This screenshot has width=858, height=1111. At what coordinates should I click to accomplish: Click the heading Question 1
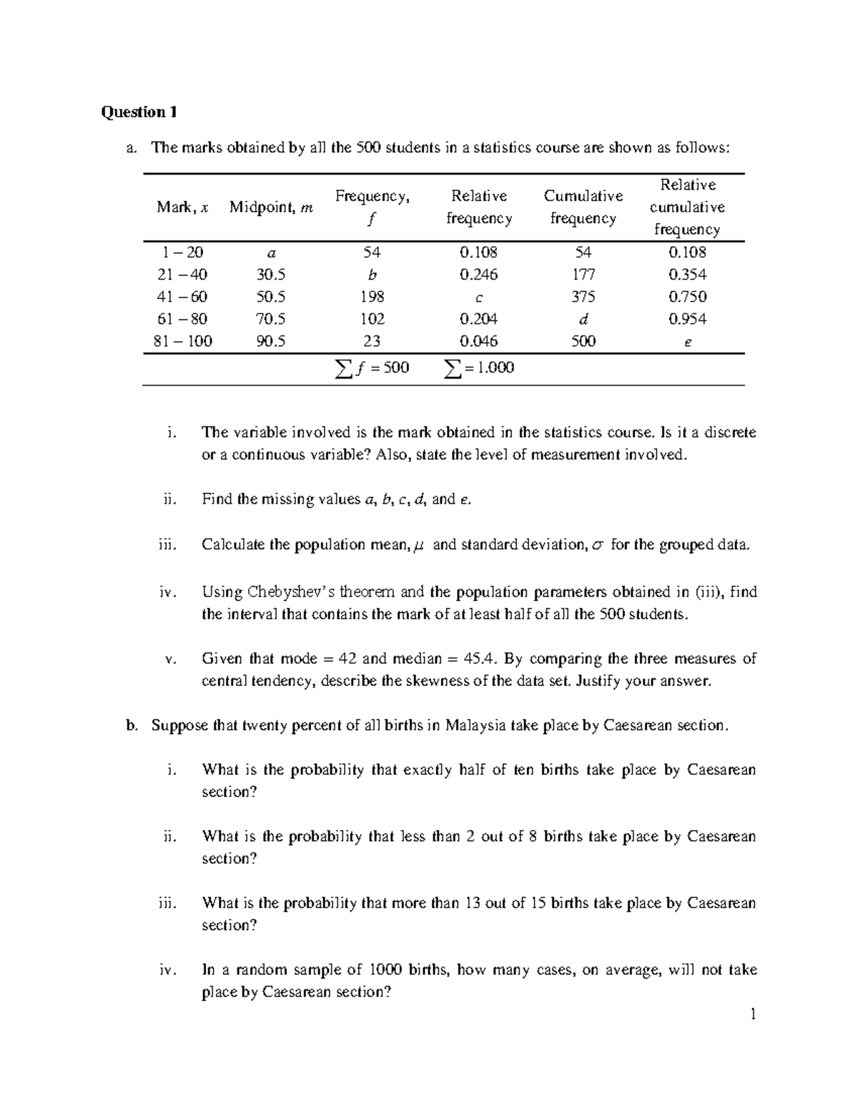pos(139,112)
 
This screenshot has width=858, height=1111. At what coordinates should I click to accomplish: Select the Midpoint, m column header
pos(271,207)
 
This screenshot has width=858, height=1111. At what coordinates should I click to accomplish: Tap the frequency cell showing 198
pos(372,297)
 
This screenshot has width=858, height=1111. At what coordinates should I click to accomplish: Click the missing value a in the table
pos(271,253)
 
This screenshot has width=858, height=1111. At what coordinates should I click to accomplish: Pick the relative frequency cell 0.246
pos(478,275)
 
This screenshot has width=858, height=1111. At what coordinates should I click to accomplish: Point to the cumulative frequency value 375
pos(583,297)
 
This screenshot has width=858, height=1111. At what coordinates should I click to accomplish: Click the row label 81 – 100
pos(183,341)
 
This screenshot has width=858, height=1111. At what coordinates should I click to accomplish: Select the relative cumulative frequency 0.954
pos(687,319)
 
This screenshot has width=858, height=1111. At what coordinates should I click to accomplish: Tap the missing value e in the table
pos(687,342)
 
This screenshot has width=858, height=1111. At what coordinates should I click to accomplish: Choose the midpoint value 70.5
pos(271,319)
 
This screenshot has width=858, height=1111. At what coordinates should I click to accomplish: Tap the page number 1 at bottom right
pos(753,1014)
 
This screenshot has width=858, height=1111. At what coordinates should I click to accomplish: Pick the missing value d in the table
pos(583,319)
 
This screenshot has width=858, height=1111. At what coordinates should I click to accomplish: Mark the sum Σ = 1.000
pos(478,368)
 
